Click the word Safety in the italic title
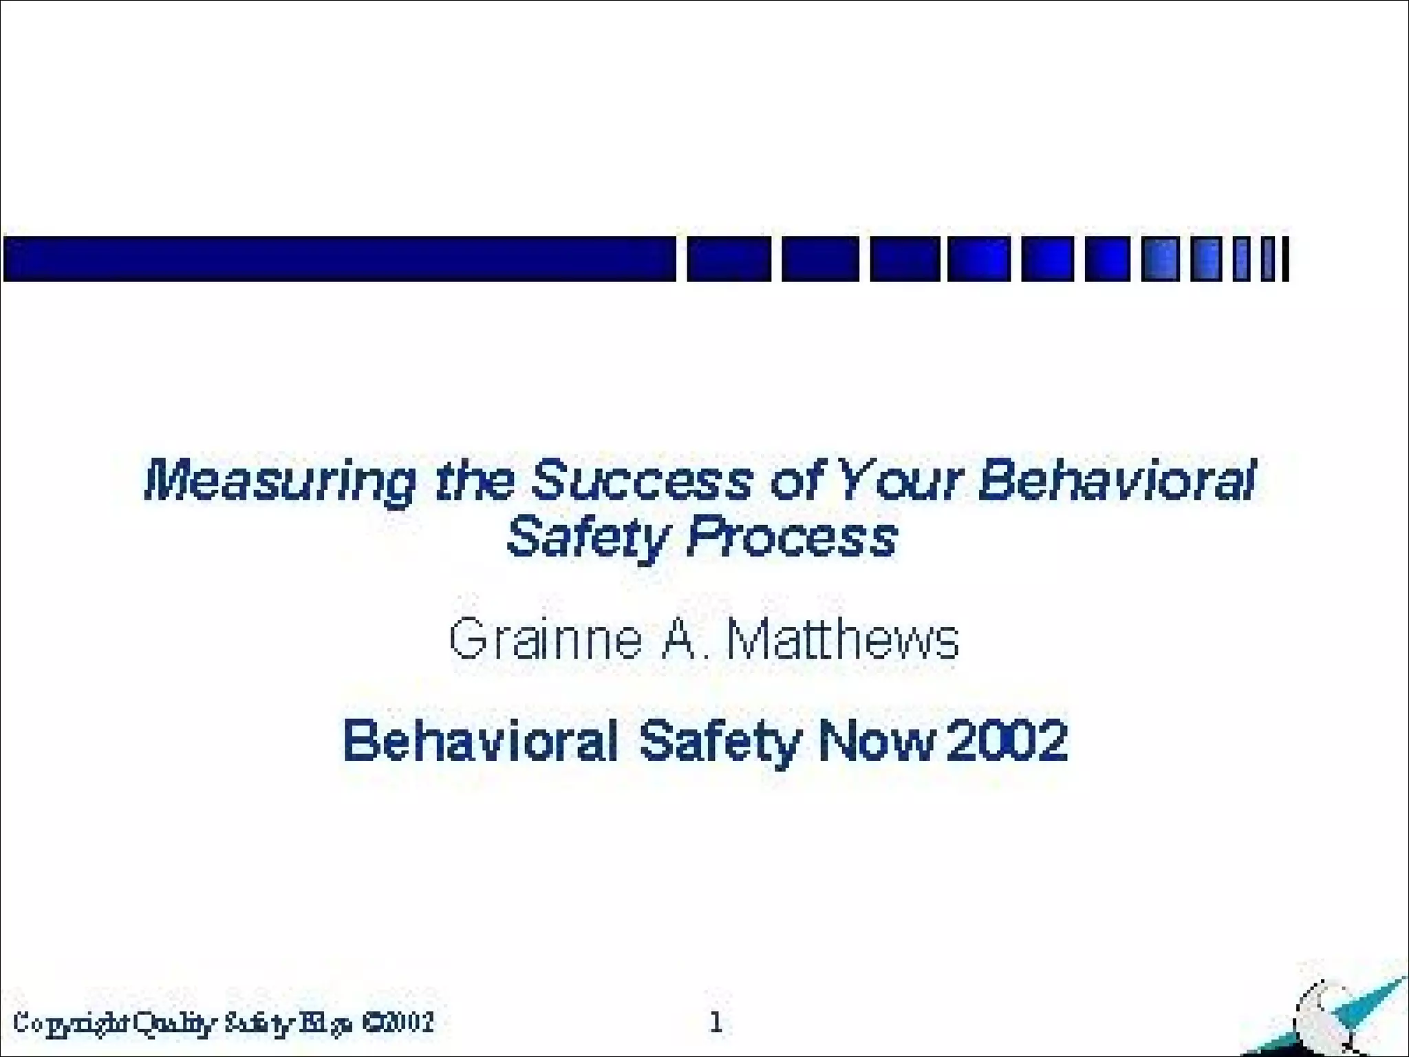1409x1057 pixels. point(588,538)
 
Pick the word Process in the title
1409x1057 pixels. point(792,538)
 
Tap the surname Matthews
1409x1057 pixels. point(843,640)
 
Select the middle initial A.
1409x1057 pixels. point(678,640)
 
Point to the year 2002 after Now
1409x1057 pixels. point(1007,741)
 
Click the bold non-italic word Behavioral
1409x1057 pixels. point(480,741)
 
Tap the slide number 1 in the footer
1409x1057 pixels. point(716,1023)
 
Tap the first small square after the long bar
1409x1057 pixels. point(729,259)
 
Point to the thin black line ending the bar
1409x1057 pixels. point(1284,259)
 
